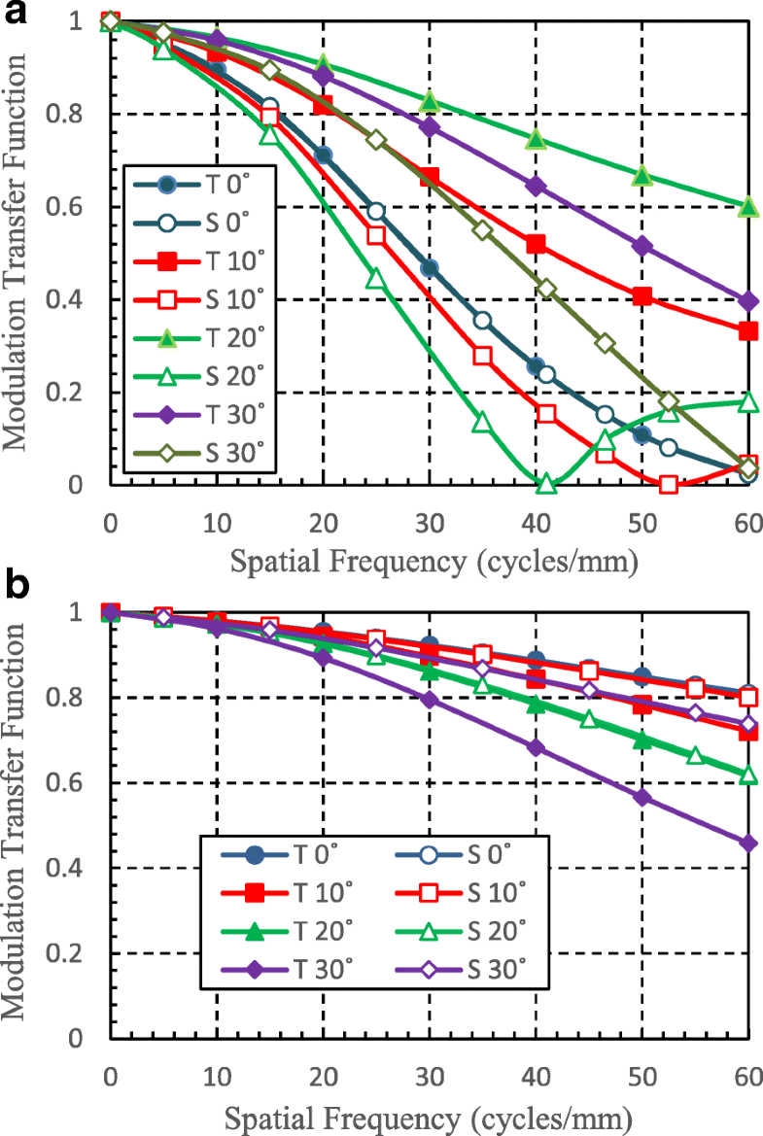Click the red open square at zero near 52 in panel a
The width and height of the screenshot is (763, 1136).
coord(668,484)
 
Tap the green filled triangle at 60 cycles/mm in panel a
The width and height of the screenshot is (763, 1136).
coord(747,207)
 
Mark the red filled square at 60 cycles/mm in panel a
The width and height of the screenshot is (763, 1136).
coord(747,331)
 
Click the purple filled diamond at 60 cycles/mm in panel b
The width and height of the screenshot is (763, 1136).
coord(747,843)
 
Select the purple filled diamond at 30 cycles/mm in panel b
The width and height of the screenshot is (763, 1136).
coord(429,699)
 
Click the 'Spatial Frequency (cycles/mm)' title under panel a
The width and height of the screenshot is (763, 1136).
coord(429,562)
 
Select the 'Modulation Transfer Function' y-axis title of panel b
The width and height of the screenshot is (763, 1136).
coord(17,821)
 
